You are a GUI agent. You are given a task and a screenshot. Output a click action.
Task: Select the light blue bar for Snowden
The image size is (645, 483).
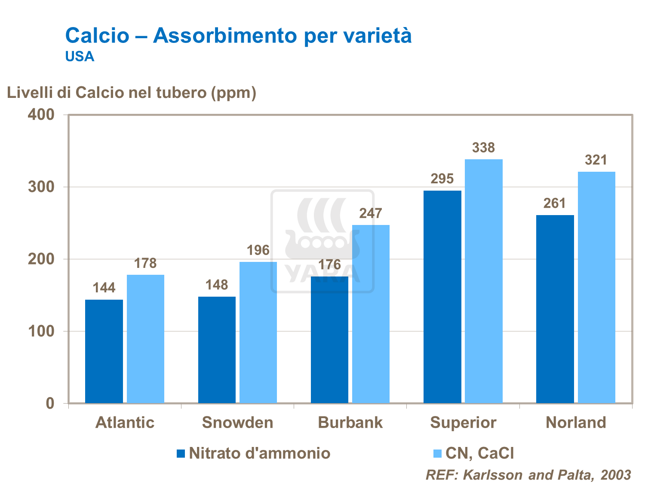[258, 332]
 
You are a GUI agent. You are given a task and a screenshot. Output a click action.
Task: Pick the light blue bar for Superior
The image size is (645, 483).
[484, 281]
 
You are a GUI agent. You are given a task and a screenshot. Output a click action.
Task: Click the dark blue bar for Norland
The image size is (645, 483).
[555, 309]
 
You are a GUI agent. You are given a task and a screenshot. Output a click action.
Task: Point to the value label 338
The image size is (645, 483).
[484, 148]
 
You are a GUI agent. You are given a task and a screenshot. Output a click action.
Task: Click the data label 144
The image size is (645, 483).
[104, 288]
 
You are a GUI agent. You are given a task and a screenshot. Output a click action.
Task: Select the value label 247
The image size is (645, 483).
[371, 213]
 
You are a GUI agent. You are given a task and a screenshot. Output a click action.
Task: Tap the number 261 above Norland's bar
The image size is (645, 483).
[555, 203]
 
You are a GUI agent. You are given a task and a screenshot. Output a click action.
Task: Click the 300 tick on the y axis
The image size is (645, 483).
[41, 187]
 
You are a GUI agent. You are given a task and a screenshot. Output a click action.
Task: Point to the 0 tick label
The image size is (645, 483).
[50, 404]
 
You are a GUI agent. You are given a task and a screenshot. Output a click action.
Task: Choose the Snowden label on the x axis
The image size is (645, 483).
[238, 422]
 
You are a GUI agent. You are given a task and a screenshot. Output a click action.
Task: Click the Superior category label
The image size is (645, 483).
[463, 422]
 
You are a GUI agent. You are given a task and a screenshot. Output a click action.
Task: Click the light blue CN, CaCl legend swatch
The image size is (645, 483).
[438, 453]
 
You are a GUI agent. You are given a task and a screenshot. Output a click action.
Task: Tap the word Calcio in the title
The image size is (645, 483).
[97, 35]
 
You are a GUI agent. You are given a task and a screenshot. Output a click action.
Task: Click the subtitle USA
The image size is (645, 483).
[80, 57]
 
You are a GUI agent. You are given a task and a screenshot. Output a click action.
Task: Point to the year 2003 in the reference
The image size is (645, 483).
[616, 475]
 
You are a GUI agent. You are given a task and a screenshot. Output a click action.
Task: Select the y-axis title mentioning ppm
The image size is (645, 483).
[132, 93]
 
